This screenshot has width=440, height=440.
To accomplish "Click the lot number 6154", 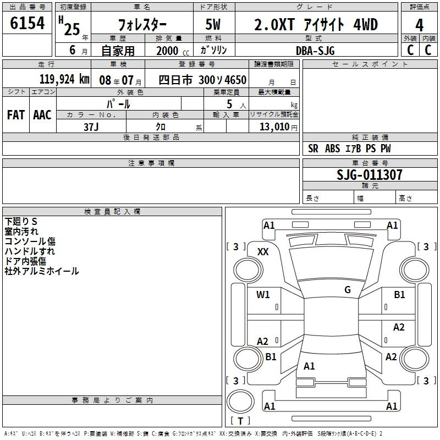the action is (27, 23).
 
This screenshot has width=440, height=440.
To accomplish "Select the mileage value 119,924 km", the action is (64, 79).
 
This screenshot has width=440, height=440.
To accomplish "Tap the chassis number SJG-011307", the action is (370, 175).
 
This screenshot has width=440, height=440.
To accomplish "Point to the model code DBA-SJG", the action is (315, 51).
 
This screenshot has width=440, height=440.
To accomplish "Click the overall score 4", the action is (419, 25).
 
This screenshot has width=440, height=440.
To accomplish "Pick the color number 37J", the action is (91, 127).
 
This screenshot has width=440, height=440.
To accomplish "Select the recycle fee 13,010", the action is (274, 127).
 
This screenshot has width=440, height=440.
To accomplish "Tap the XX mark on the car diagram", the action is (263, 252).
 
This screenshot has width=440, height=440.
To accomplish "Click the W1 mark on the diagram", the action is (263, 294).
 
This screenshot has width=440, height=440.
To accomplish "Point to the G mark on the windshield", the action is (348, 289).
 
